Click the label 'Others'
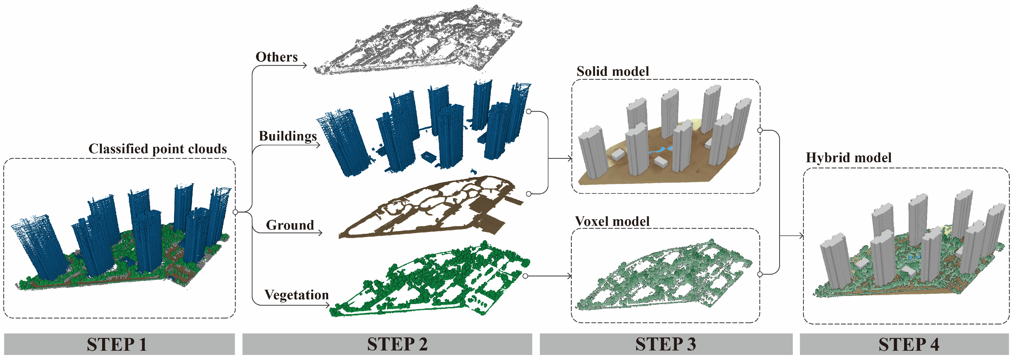tap(277, 57)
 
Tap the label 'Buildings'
tap(288, 136)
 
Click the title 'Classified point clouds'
tap(158, 149)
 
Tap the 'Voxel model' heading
tap(612, 221)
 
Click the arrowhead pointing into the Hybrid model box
tap(801, 236)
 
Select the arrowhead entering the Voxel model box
tap(569, 276)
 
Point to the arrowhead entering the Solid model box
tap(569, 159)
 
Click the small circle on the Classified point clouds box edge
tap(235, 212)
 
